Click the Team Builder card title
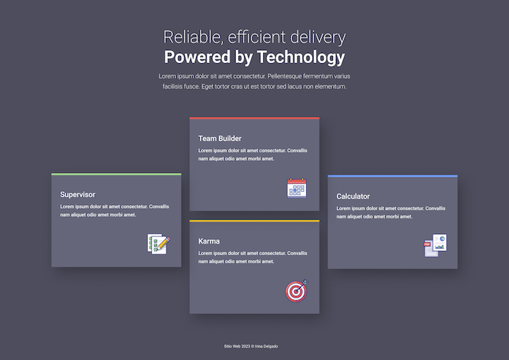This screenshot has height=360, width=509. tap(220, 139)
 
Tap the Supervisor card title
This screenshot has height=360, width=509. tap(78, 194)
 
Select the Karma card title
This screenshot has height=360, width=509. tap(209, 241)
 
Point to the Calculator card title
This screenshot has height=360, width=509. tap(353, 196)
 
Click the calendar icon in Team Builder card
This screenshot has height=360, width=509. tap(297, 188)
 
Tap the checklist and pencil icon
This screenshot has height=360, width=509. tap(159, 244)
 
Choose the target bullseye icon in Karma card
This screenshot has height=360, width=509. tap(297, 291)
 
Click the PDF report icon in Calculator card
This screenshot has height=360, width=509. tap(436, 245)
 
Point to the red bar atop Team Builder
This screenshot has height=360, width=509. tap(254, 118)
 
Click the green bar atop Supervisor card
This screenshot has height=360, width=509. tap(116, 175)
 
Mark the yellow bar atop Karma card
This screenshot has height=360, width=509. tap(254, 221)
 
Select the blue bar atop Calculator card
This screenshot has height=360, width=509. tap(393, 176)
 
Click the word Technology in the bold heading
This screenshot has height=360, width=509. tap(300, 57)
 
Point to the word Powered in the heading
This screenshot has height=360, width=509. tap(197, 57)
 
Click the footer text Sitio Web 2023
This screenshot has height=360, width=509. tap(237, 346)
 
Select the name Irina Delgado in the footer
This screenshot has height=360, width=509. tap(267, 346)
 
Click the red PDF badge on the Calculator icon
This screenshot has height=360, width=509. tap(428, 244)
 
